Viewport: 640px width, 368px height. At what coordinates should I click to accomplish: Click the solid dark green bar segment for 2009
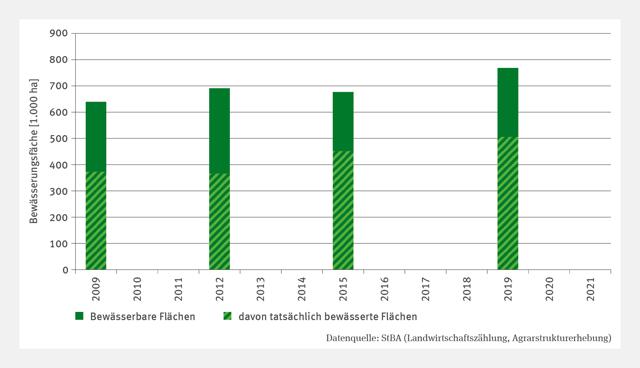(96, 136)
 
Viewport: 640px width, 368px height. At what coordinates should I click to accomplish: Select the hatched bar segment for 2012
(219, 221)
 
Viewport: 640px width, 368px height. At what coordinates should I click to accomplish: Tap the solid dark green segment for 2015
(343, 121)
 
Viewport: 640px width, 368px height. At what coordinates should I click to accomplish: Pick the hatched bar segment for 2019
(508, 203)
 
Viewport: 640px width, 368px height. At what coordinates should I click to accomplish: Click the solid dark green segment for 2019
(508, 102)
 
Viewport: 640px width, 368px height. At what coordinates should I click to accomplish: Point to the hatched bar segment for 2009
(96, 220)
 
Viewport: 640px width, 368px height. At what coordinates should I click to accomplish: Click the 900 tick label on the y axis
(59, 33)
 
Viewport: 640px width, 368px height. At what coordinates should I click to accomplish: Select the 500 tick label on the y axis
(59, 139)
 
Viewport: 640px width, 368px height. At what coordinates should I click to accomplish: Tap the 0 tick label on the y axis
(65, 270)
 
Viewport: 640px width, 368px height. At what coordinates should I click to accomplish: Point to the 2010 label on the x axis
(137, 289)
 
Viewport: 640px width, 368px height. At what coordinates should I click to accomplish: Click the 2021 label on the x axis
(591, 289)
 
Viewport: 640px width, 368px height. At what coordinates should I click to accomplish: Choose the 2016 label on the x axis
(385, 289)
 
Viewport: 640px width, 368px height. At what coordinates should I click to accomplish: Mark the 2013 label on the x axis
(261, 289)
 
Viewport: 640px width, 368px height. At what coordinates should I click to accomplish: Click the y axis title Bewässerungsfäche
(34, 151)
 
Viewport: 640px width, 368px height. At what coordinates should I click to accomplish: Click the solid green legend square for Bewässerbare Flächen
(79, 316)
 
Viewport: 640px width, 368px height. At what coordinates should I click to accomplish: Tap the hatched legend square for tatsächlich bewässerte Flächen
(227, 316)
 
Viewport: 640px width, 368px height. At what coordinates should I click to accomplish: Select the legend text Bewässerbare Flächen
(143, 317)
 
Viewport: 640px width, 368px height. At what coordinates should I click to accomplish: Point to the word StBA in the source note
(391, 338)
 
